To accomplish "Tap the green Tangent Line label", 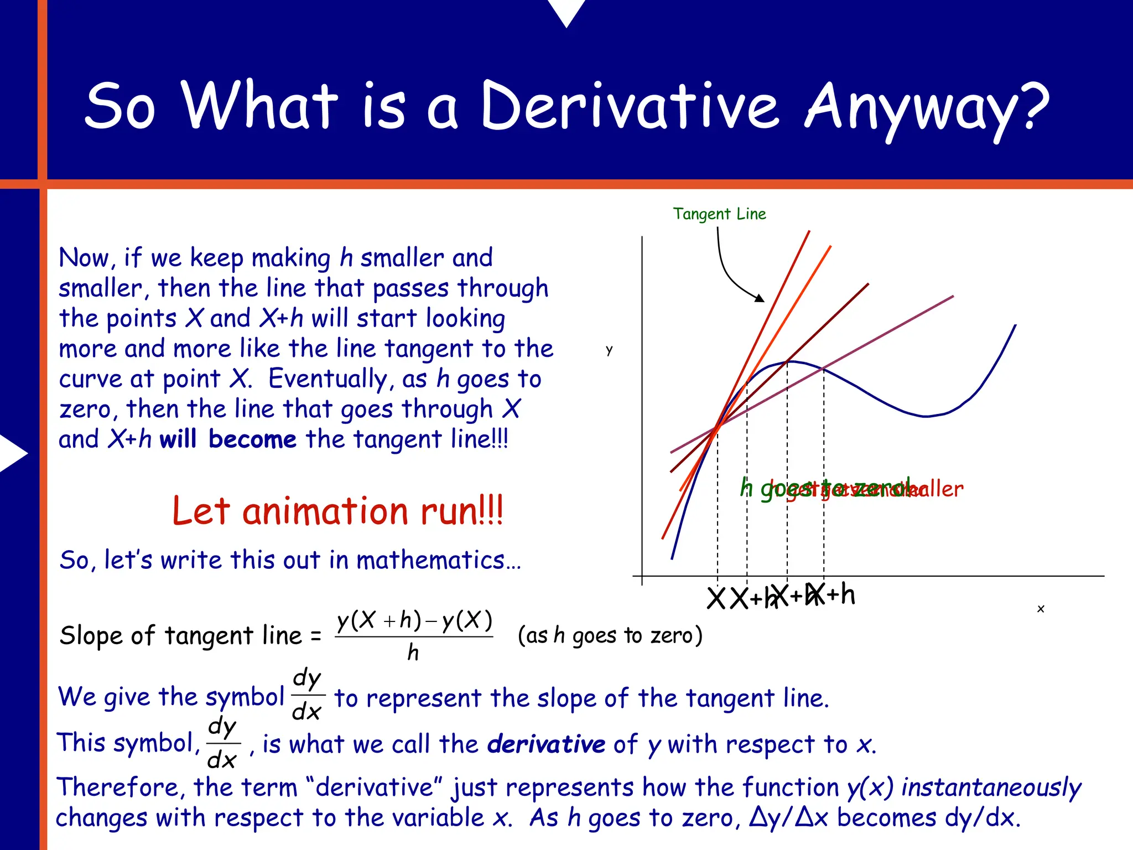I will tap(719, 214).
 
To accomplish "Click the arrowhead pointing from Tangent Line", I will tap(761, 298).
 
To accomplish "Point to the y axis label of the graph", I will tap(609, 350).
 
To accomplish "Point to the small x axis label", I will tap(1041, 609).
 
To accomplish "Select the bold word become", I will tap(253, 439).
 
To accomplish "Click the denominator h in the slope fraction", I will tap(413, 654).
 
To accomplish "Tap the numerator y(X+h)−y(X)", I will tap(414, 621).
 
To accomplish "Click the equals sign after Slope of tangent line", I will tap(316, 636).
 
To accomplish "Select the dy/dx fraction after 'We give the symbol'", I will tap(307, 695).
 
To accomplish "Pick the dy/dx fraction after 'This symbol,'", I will tap(222, 743).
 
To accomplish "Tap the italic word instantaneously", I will tap(991, 787).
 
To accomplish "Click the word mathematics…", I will tap(438, 560).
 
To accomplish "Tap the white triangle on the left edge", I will tap(12, 453).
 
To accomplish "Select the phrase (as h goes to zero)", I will tap(610, 636).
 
